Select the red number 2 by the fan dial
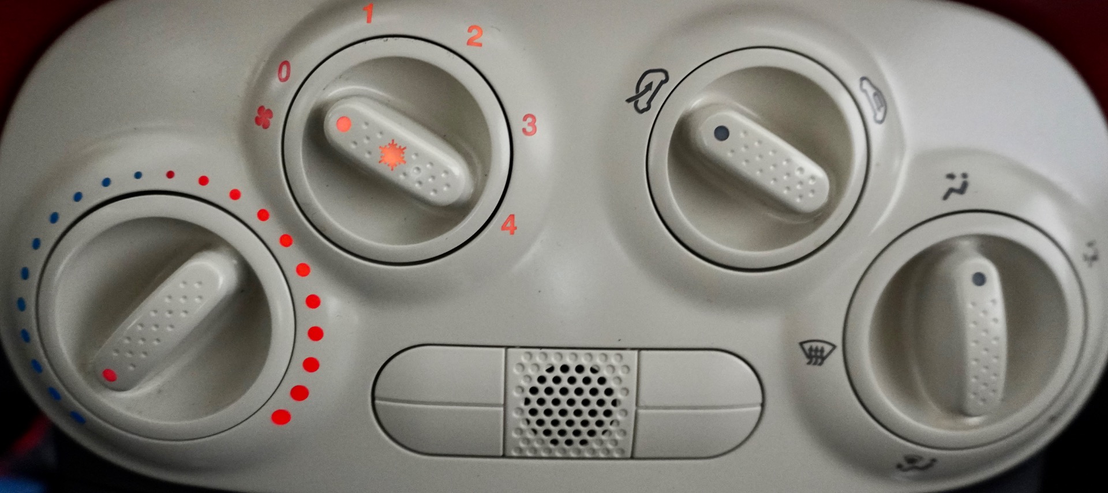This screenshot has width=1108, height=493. tap(474, 36)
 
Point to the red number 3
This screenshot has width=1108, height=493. tap(529, 125)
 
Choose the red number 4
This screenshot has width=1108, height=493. tap(508, 224)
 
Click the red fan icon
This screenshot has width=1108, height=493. tap(263, 117)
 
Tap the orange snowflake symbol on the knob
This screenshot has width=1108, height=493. tap(392, 155)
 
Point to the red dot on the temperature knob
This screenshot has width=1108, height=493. tap(109, 375)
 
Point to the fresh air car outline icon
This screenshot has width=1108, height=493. tap(872, 100)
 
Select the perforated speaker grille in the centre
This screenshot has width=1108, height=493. tap(570, 402)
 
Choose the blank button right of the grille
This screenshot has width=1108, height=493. tap(698, 404)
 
